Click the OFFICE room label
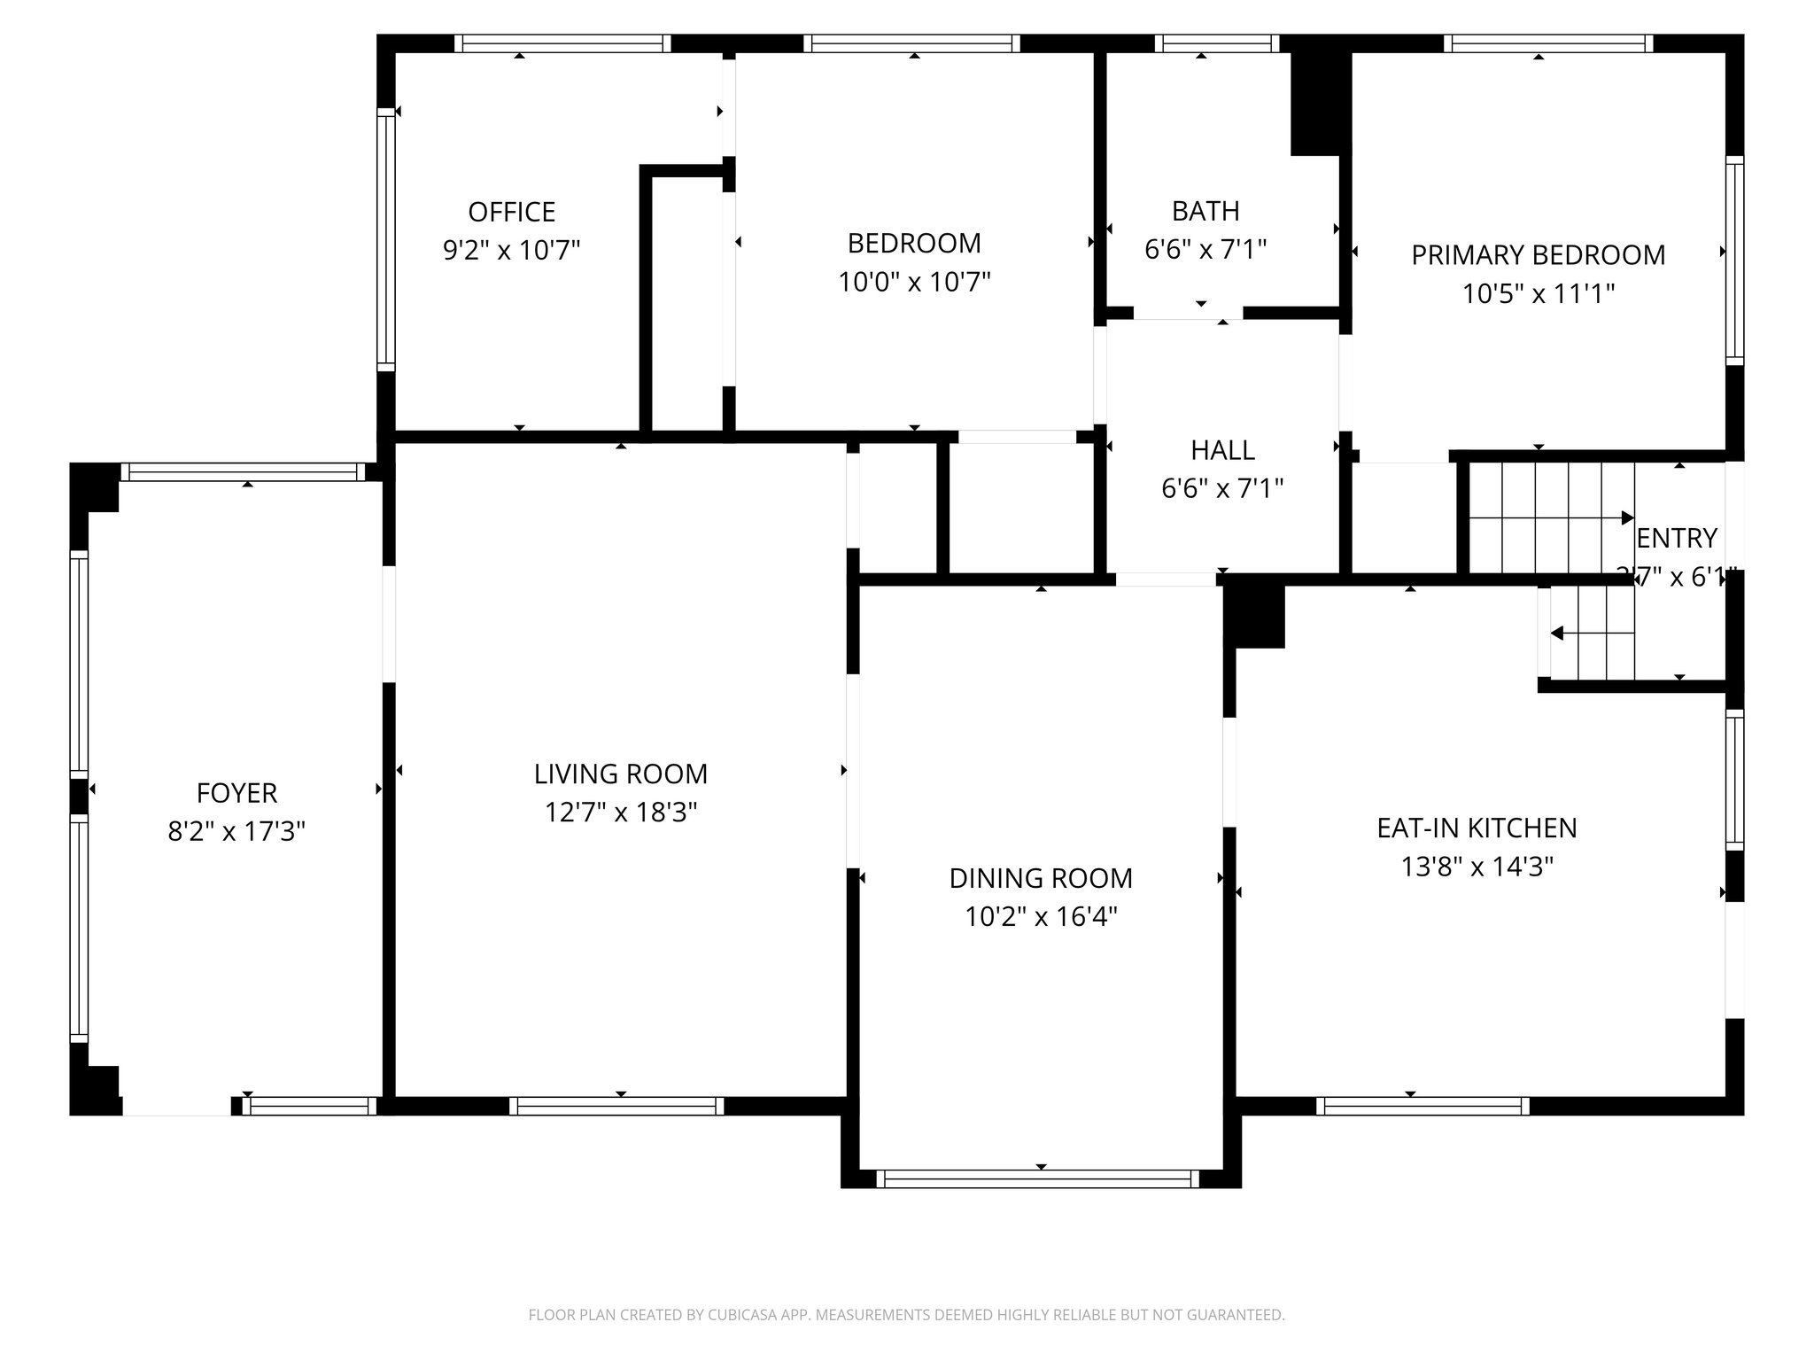coord(511,212)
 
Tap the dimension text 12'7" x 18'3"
coord(621,812)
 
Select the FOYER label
coord(236,792)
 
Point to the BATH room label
coord(1205,211)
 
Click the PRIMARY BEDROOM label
coord(1538,255)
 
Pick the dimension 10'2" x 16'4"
coord(1041,916)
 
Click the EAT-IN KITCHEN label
coord(1477,828)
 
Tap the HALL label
coord(1222,450)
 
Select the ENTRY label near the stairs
coord(1677,538)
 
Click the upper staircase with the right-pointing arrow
coord(1550,517)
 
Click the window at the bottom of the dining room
coord(1041,1178)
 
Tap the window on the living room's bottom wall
coord(617,1105)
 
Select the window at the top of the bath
coord(1217,43)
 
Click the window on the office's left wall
coord(385,239)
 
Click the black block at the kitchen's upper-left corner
coord(1254,616)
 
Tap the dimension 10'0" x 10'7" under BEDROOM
coord(914,283)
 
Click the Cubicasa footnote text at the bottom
coord(906,1315)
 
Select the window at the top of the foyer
coord(243,472)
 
